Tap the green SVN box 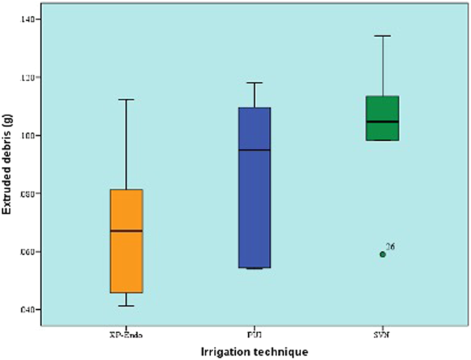[x=382, y=110]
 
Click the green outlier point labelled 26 [x=383, y=254]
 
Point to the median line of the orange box [x=127, y=231]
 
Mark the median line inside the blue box [x=254, y=150]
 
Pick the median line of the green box [x=382, y=122]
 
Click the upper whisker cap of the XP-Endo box [x=127, y=100]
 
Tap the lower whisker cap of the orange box [x=127, y=306]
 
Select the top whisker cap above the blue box [x=254, y=83]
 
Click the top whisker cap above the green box [x=382, y=36]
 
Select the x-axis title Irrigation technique [x=254, y=351]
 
